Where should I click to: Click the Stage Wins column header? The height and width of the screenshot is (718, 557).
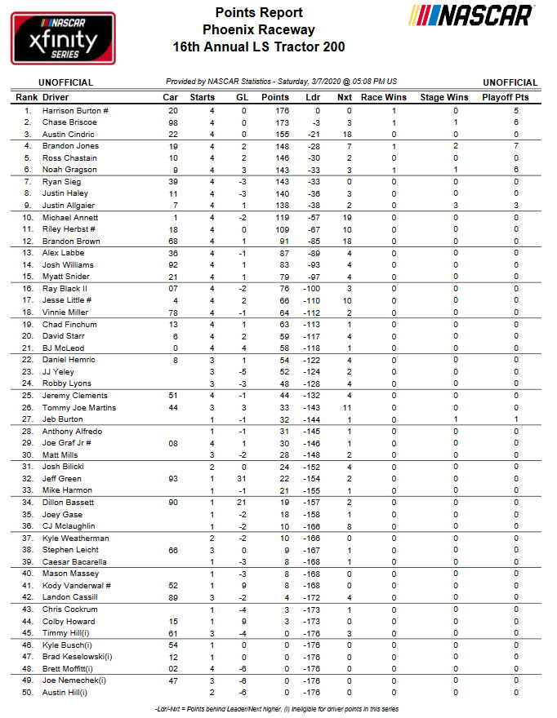443,97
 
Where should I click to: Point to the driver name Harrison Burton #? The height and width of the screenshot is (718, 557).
76,110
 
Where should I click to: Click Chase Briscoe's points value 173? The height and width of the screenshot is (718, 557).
281,122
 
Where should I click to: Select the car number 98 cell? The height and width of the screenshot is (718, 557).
172,122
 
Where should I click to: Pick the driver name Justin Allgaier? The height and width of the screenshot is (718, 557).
70,206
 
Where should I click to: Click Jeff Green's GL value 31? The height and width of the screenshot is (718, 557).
242,478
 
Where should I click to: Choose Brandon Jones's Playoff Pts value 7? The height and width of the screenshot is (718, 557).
515,145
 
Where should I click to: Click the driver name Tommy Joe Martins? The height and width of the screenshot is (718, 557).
78,407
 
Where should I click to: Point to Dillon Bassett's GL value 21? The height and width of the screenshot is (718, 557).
242,503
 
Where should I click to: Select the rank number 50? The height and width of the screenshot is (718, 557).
27,693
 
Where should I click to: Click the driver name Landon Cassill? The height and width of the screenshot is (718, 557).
69,597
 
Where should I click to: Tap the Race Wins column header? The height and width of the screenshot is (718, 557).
383,97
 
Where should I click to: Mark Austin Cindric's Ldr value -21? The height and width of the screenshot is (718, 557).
313,134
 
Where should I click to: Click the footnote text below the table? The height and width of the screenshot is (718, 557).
277,708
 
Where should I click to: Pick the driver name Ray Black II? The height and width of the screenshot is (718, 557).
65,289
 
